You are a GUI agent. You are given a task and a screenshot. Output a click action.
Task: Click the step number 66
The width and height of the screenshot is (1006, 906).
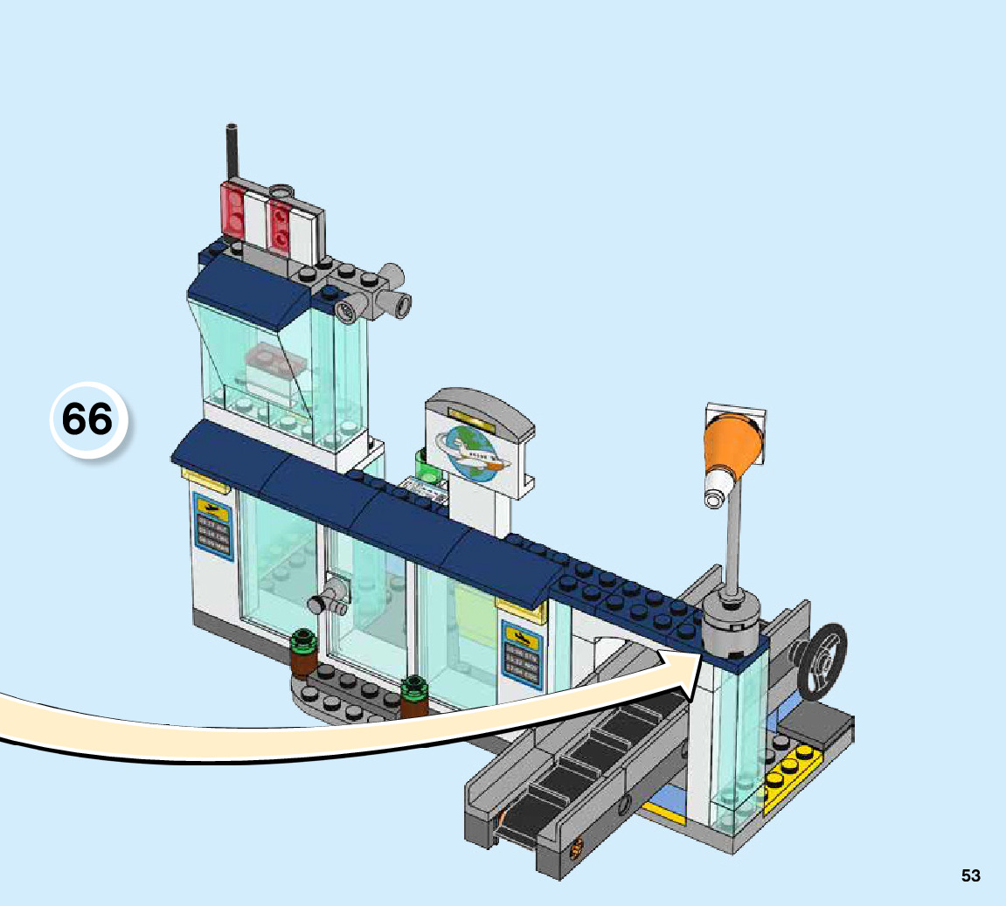click(88, 420)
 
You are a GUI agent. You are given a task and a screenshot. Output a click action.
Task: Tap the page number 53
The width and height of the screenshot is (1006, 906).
click(970, 875)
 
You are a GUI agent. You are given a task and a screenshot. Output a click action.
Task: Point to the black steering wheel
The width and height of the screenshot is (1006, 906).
click(822, 662)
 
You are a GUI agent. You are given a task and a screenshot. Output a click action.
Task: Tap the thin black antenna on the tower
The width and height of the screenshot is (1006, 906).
click(232, 154)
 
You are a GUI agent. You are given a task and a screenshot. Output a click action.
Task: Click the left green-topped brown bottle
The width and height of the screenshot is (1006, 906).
click(302, 654)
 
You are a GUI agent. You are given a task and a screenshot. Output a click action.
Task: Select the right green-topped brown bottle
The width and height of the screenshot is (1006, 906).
click(413, 696)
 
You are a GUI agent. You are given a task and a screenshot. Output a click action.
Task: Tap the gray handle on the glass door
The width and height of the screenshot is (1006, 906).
click(329, 600)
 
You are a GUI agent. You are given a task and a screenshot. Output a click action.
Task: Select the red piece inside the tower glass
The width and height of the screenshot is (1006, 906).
click(272, 359)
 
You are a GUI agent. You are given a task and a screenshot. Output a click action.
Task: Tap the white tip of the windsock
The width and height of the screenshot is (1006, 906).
click(714, 493)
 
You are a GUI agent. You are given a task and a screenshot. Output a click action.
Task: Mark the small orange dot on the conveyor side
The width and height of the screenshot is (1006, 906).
click(576, 846)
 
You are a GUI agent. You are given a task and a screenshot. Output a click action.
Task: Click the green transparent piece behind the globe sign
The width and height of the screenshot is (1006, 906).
click(427, 465)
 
